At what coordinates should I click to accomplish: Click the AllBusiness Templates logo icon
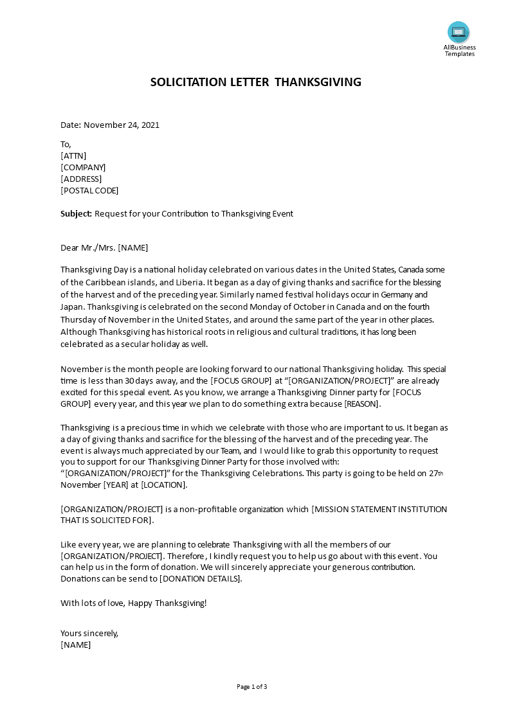coord(459,32)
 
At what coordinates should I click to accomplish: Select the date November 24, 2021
coord(122,125)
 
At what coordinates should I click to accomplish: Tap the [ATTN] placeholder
coord(73,156)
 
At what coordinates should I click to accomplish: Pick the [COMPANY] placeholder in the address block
coord(83,167)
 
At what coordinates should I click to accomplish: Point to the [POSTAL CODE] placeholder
coord(89,190)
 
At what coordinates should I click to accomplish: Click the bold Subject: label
coord(77,214)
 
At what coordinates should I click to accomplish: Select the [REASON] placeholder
coord(362,404)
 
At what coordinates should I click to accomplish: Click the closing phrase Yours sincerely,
coord(89,633)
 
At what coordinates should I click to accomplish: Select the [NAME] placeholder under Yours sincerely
coord(76,645)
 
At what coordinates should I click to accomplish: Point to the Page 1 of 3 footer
coord(252,686)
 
